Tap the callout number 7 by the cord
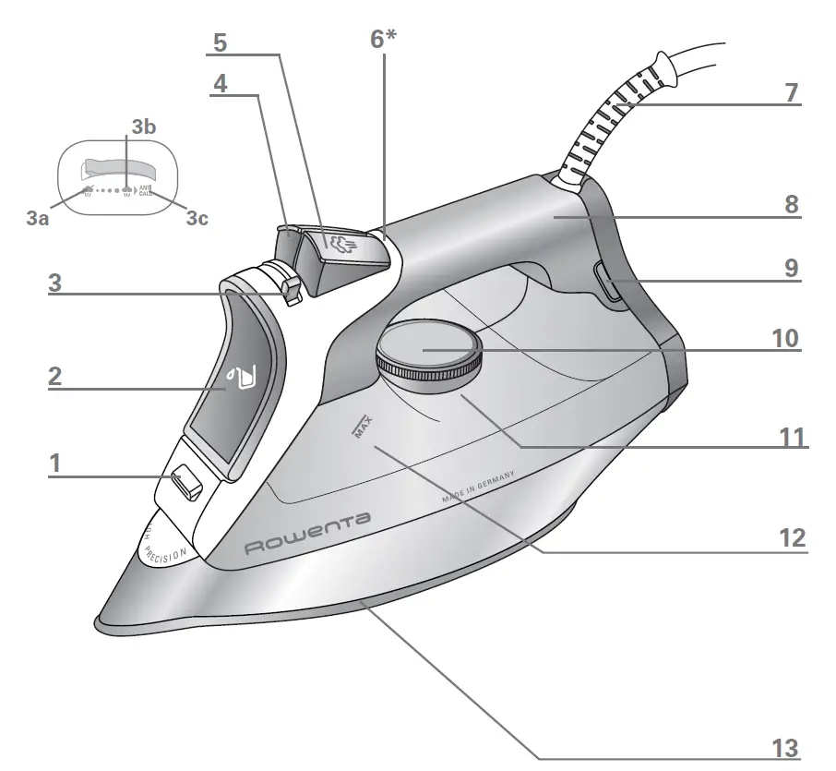[793, 93]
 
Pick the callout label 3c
[197, 219]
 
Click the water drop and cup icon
[242, 379]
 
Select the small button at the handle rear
[610, 281]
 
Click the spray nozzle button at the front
[186, 481]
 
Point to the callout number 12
[792, 538]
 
